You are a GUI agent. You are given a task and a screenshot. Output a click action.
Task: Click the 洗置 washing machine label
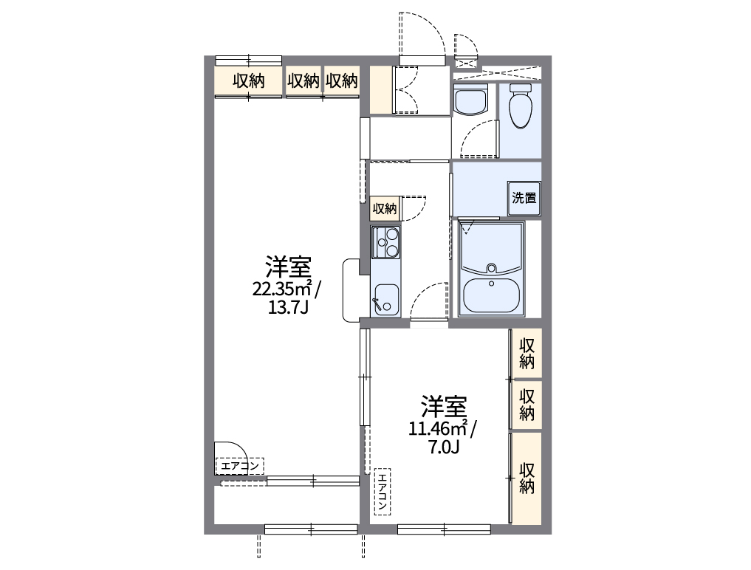(x=524, y=198)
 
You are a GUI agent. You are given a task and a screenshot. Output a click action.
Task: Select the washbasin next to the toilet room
(x=470, y=100)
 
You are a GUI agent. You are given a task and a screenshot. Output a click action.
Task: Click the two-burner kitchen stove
(x=385, y=242)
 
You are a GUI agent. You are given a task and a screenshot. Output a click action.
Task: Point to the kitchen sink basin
(x=385, y=300)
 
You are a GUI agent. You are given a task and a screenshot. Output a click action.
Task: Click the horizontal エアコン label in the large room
(x=239, y=466)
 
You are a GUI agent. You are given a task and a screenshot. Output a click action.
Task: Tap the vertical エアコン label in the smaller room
(x=383, y=492)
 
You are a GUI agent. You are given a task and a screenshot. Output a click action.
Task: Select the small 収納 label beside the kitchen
(x=384, y=209)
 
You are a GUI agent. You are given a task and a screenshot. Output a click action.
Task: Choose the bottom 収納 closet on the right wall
(x=527, y=478)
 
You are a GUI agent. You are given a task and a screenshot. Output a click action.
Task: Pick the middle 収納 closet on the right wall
(x=527, y=404)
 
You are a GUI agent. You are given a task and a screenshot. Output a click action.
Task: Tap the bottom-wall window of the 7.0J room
(x=443, y=529)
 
